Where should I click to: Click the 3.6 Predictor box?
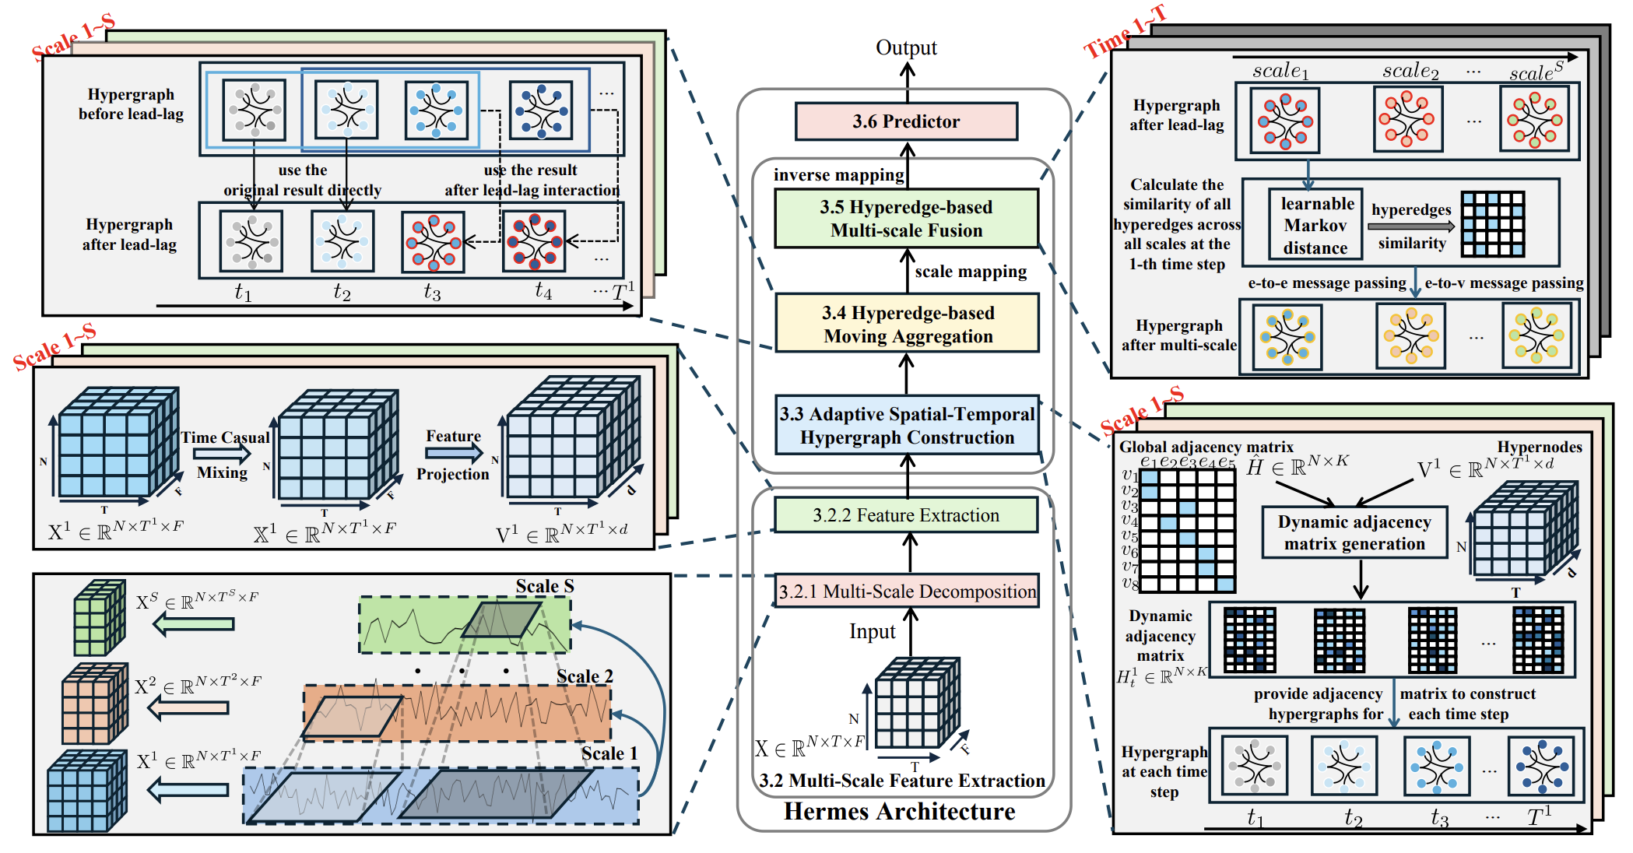(906, 121)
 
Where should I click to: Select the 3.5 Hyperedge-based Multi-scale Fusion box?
(906, 219)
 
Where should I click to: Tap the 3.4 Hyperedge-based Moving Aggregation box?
(907, 324)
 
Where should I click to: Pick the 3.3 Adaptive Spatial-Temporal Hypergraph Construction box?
(907, 426)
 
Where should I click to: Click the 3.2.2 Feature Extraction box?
(905, 515)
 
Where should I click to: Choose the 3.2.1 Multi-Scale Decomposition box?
(907, 591)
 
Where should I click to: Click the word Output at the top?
(906, 47)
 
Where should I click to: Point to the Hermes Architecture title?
(899, 812)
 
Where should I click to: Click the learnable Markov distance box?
(1315, 226)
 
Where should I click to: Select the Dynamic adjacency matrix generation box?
(1354, 533)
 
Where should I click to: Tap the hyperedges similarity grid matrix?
(1492, 224)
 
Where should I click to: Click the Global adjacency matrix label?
(1206, 447)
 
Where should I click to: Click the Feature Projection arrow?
(454, 454)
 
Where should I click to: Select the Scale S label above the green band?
(545, 586)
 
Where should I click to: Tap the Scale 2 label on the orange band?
(585, 676)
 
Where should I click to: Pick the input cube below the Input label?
(917, 704)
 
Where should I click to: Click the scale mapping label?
(971, 272)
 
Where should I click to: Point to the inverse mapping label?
(838, 175)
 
